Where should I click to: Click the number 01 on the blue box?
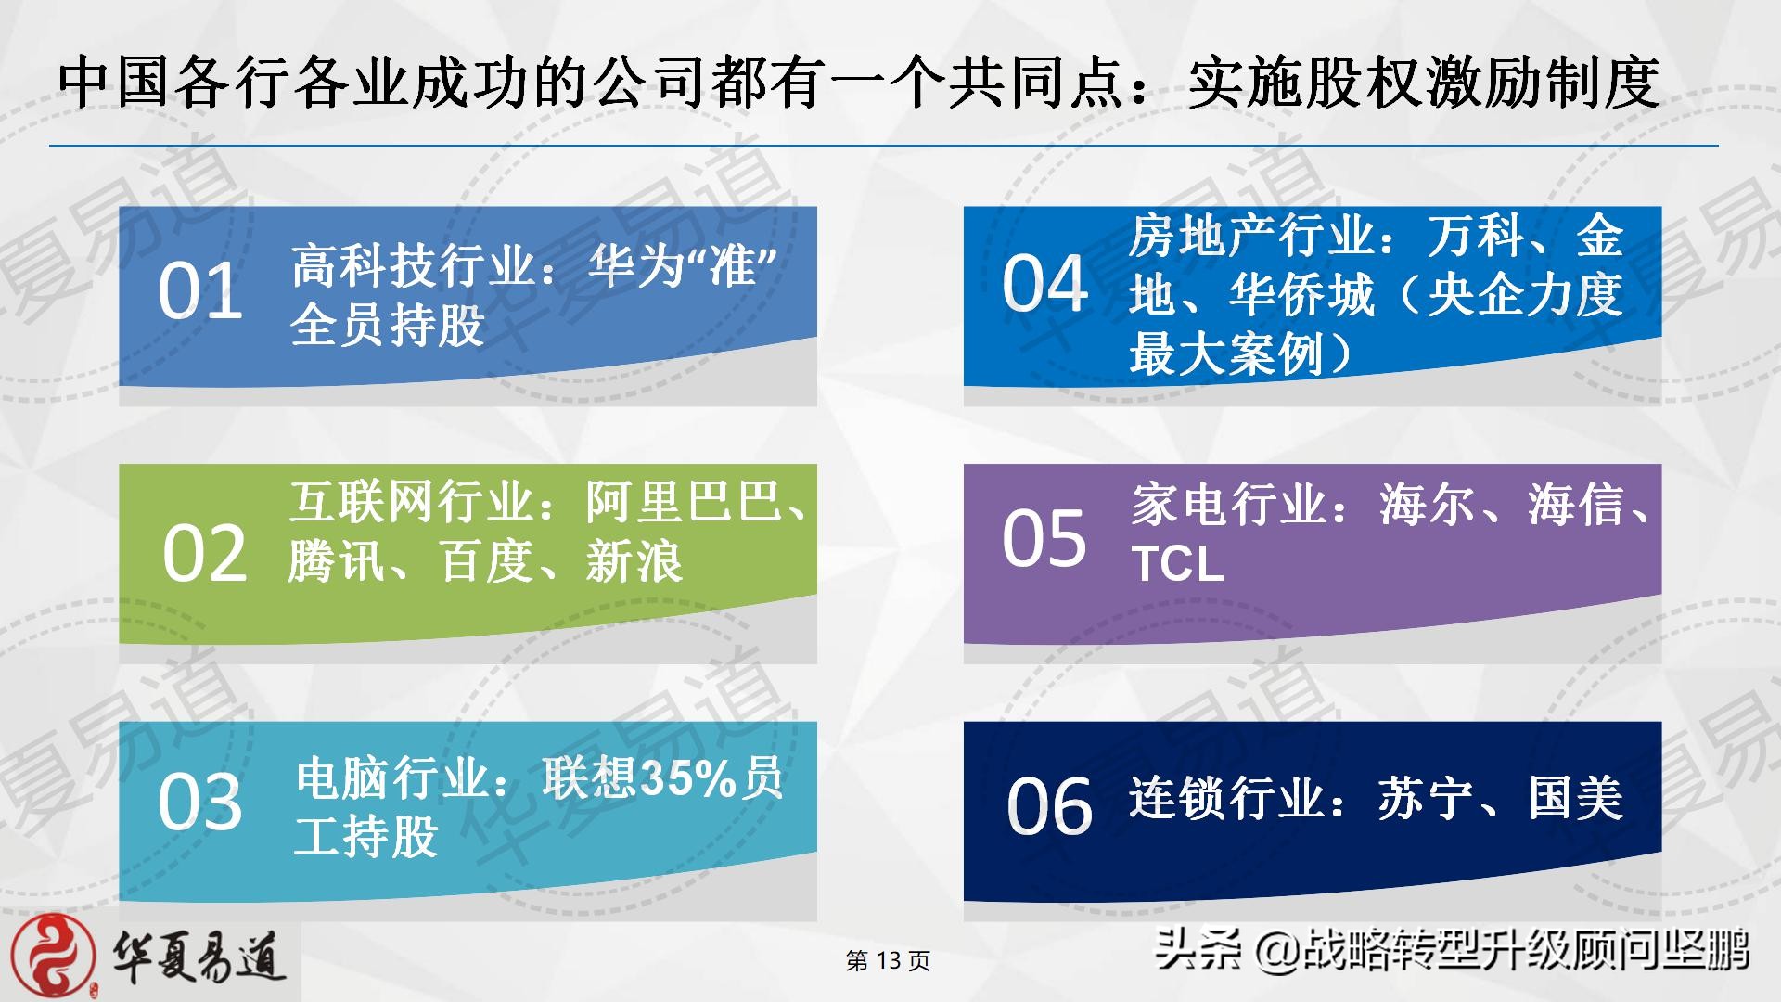(200, 290)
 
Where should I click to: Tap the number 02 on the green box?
(205, 554)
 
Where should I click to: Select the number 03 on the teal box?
(200, 802)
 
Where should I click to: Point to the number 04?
(1044, 283)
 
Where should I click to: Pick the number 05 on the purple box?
(1044, 538)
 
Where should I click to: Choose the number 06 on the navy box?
(1050, 805)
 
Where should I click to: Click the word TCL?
(1177, 563)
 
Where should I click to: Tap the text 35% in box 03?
(687, 778)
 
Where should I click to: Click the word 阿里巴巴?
(684, 502)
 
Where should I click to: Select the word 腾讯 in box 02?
(337, 561)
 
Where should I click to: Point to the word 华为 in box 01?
(635, 266)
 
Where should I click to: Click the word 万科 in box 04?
(1476, 236)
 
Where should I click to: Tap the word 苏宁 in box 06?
(1426, 798)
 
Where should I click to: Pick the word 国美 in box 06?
(1575, 798)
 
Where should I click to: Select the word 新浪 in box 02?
(634, 561)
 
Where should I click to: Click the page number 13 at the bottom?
(888, 960)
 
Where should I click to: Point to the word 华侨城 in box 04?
(1301, 295)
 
